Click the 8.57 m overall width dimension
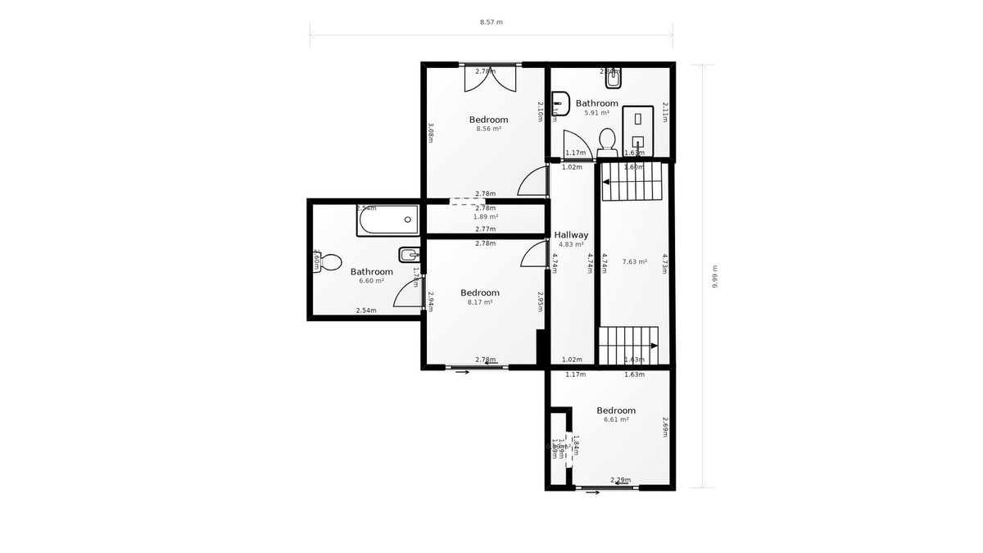(491, 22)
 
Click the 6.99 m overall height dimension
(714, 276)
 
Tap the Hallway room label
(571, 235)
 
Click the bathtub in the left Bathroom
(387, 220)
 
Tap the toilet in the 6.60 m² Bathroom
(329, 263)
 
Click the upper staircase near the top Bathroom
(631, 182)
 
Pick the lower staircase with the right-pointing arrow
(628, 346)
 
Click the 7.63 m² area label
(634, 262)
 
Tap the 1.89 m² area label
(486, 217)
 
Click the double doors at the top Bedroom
(490, 79)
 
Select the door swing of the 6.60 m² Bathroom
(410, 292)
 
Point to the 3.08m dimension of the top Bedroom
(430, 133)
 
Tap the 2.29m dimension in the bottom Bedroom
(620, 480)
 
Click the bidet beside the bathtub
(408, 253)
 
